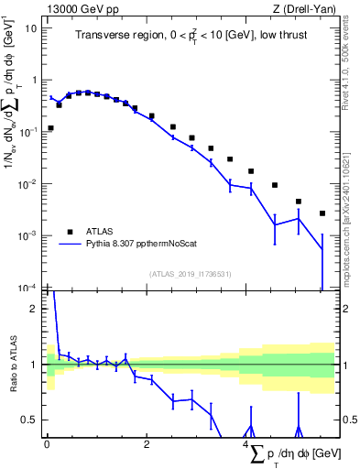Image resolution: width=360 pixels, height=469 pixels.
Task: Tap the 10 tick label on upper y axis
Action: pos(31,27)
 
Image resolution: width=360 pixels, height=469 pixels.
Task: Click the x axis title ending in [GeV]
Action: pos(291,454)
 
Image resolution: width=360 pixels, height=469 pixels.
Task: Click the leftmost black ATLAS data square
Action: pos(50,128)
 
